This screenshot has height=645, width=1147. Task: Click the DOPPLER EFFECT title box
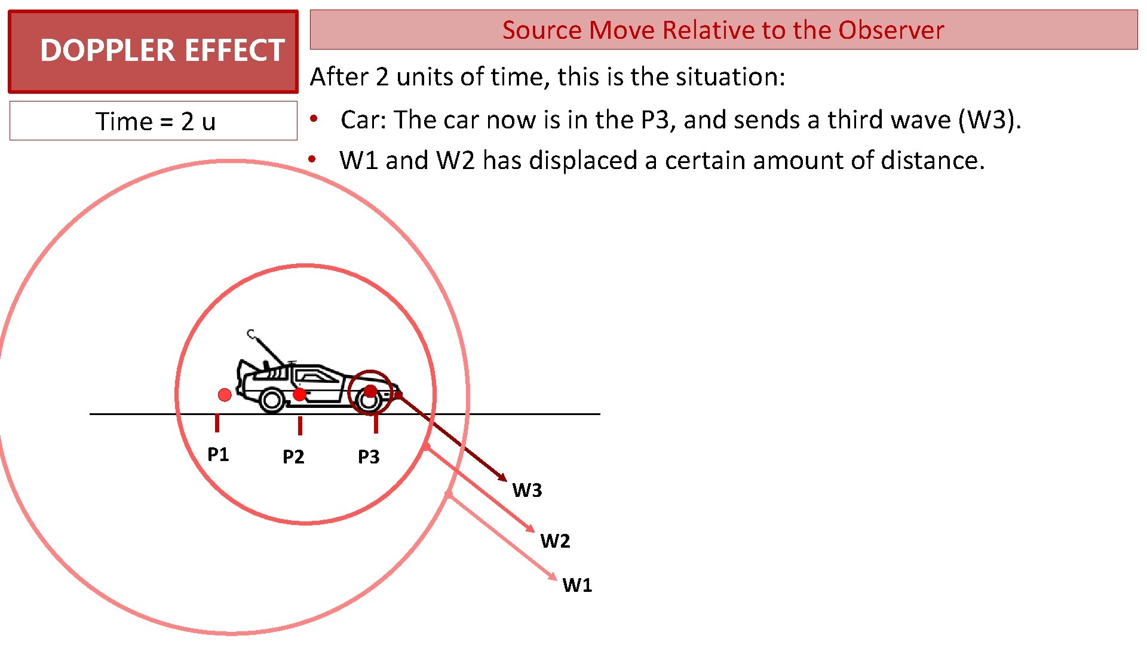[x=153, y=51]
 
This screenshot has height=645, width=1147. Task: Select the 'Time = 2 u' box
[x=153, y=121]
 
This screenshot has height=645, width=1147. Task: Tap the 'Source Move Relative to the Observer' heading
[x=723, y=30]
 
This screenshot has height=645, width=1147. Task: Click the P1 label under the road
[x=218, y=454]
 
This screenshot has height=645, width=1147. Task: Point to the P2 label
[x=293, y=457]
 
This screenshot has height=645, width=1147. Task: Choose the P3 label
[x=369, y=457]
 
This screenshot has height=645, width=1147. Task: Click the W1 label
[x=577, y=585]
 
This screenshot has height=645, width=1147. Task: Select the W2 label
[x=555, y=541]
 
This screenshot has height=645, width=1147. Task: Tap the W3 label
[x=527, y=490]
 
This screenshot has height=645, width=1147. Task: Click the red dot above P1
[x=225, y=395]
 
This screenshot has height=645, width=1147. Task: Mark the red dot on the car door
[x=300, y=394]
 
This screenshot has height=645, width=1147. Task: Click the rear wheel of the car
[x=272, y=401]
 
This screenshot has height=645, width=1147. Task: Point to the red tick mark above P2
[x=300, y=426]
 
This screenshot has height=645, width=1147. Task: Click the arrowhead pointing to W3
[x=503, y=478]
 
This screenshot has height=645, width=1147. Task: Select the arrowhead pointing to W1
[x=553, y=576]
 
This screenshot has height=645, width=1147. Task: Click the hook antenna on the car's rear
[x=252, y=334]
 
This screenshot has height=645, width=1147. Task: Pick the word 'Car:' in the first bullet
[x=363, y=120]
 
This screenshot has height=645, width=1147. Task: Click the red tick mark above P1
[x=217, y=423]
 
